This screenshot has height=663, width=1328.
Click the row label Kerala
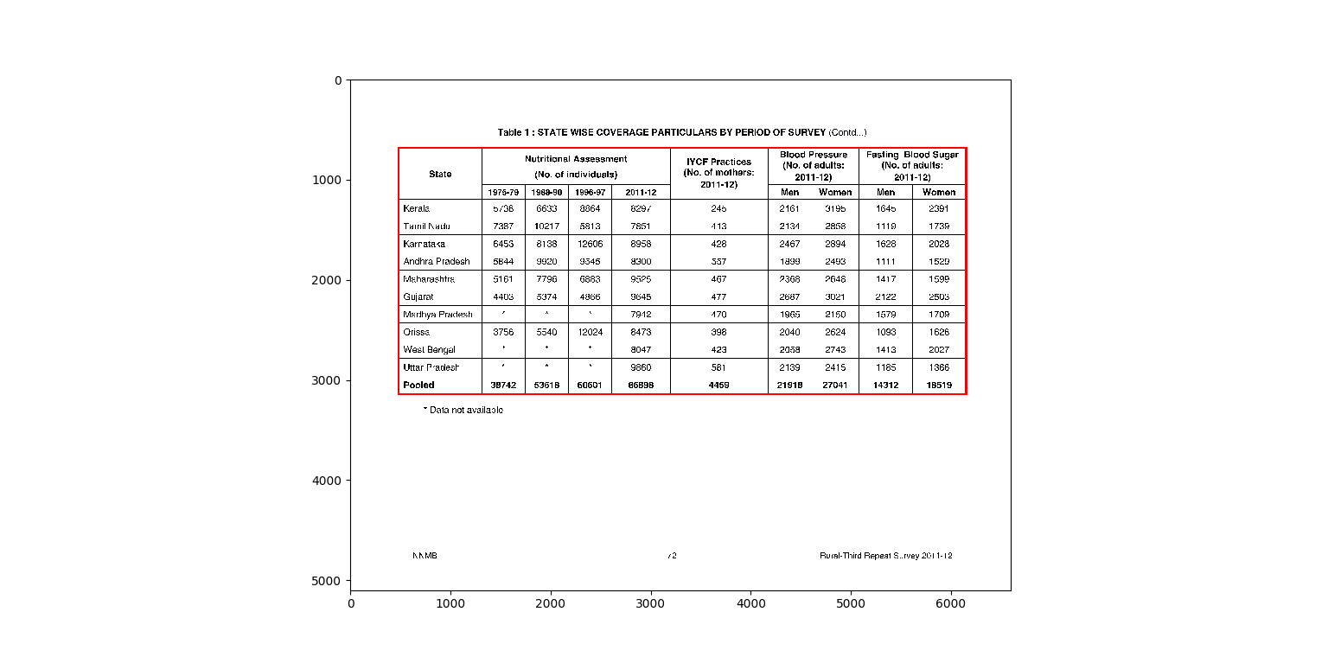pos(416,208)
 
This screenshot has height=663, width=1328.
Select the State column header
pos(440,174)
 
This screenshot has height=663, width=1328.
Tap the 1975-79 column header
pos(503,192)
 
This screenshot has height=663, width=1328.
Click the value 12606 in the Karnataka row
pos(590,244)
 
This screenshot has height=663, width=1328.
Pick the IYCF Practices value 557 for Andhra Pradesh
pos(718,261)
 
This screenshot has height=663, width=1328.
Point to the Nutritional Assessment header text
pos(576,159)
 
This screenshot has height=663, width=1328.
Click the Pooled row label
pos(418,385)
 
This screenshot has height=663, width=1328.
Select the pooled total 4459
pos(718,385)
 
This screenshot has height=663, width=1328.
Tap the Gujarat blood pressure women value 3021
pos(835,296)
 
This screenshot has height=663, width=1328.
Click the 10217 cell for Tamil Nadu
pos(546,226)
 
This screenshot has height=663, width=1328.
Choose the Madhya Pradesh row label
pos(437,315)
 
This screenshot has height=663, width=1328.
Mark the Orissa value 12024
pos(590,332)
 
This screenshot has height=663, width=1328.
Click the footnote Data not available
pos(463,410)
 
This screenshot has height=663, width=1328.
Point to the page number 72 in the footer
pos(672,556)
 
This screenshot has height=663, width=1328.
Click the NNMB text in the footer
pos(425,556)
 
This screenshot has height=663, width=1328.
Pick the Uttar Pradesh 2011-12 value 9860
pos(641,367)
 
